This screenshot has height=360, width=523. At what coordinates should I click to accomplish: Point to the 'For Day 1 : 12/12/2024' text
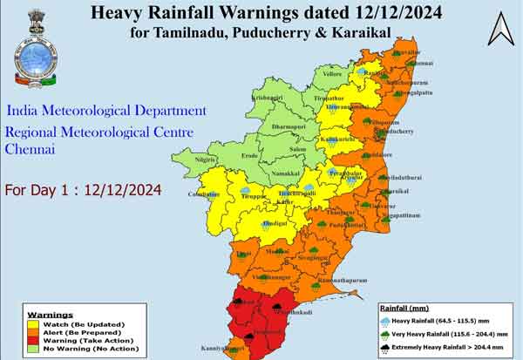pos(83,190)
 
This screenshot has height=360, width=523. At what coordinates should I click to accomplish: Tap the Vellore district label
pos(335,74)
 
